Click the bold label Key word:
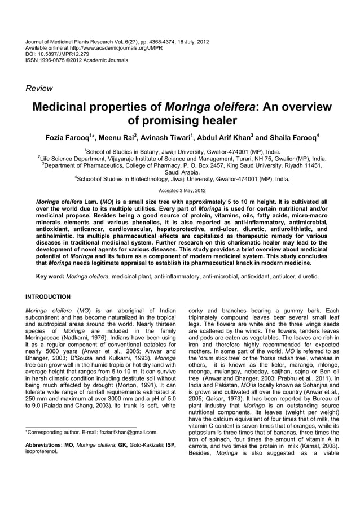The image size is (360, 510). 49,277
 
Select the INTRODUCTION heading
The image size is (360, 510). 48,297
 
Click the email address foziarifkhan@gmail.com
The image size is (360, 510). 122,432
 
